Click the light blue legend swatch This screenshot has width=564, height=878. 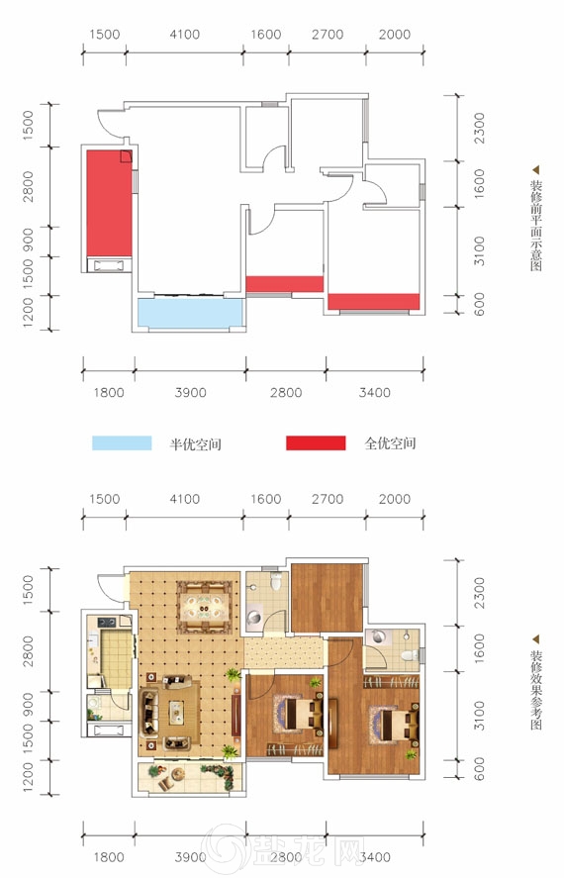point(122,442)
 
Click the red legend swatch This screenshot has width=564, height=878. point(316,442)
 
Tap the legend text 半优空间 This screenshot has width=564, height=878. point(195,444)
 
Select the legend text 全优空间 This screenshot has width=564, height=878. point(390,443)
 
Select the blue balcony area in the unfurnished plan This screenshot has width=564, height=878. point(190,313)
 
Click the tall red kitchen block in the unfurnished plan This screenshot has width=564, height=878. point(109,203)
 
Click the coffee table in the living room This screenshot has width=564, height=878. point(177,712)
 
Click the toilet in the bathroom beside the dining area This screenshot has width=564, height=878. point(275,581)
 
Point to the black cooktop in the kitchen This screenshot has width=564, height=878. point(107,622)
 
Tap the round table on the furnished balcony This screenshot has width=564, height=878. point(178,774)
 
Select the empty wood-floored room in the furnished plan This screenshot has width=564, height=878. point(328,598)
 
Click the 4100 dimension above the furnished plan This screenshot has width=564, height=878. point(185,499)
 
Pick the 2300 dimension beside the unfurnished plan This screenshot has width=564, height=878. point(479,129)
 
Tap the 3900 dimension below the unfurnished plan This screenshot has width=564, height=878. point(190,393)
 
